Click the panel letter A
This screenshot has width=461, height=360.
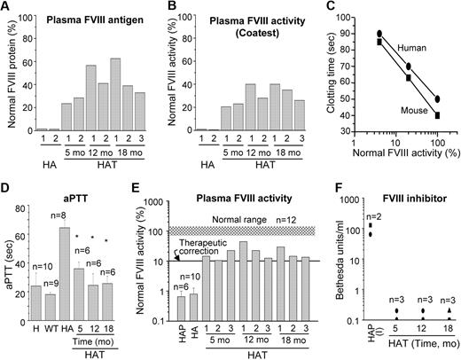[6, 7]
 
